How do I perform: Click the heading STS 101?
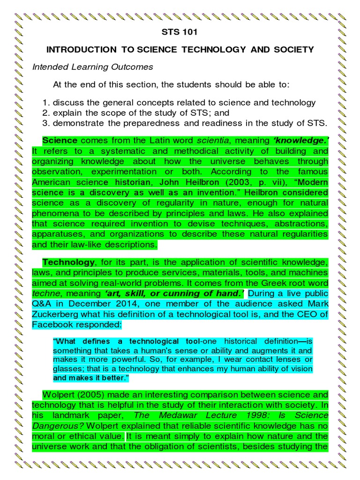(x=180, y=33)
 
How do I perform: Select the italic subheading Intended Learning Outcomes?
(x=92, y=67)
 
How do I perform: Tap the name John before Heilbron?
(x=170, y=182)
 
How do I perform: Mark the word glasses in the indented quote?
(x=67, y=369)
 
